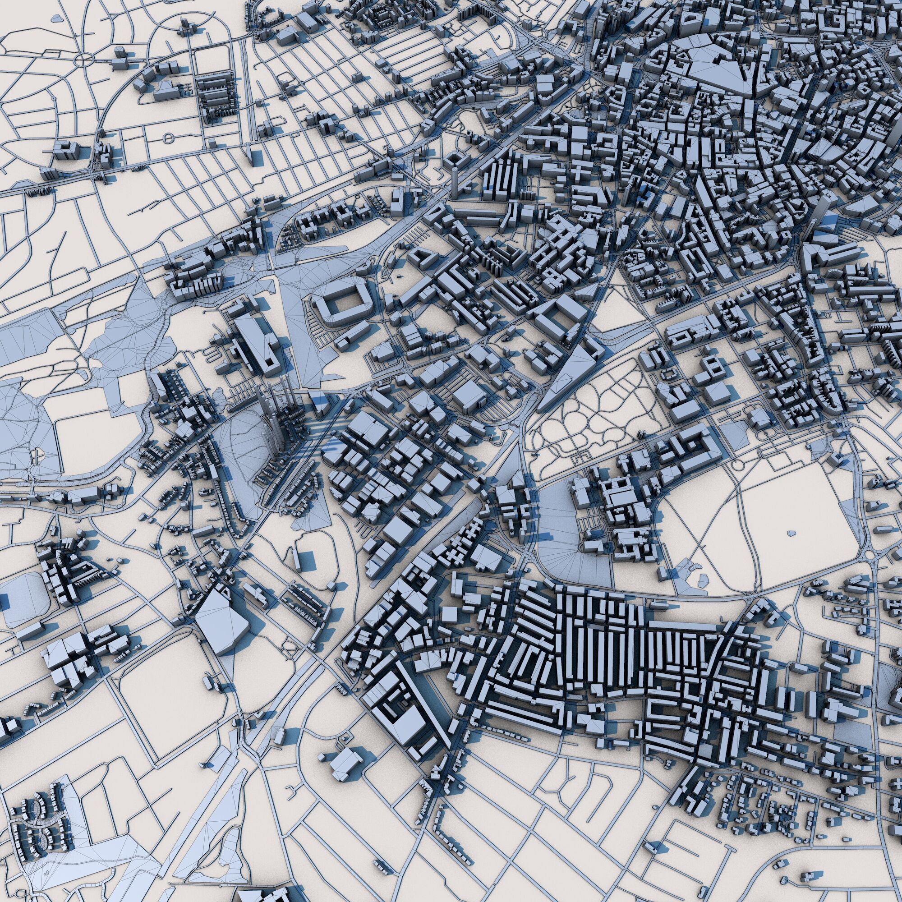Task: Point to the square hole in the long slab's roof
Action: [269, 362]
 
